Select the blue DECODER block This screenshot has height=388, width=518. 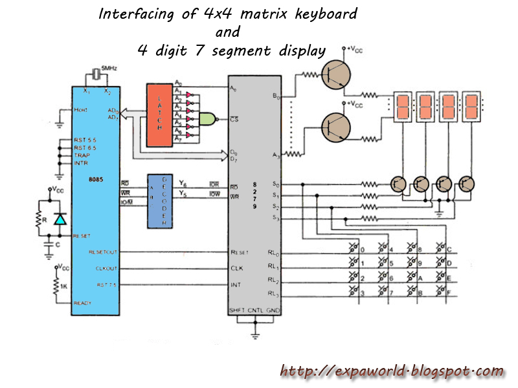click(158, 200)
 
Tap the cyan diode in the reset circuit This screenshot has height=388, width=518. click(60, 219)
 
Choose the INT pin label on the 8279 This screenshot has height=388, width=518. click(236, 284)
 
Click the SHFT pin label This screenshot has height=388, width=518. click(236, 311)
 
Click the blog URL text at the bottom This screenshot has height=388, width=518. click(392, 371)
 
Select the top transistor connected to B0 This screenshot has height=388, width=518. click(337, 74)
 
